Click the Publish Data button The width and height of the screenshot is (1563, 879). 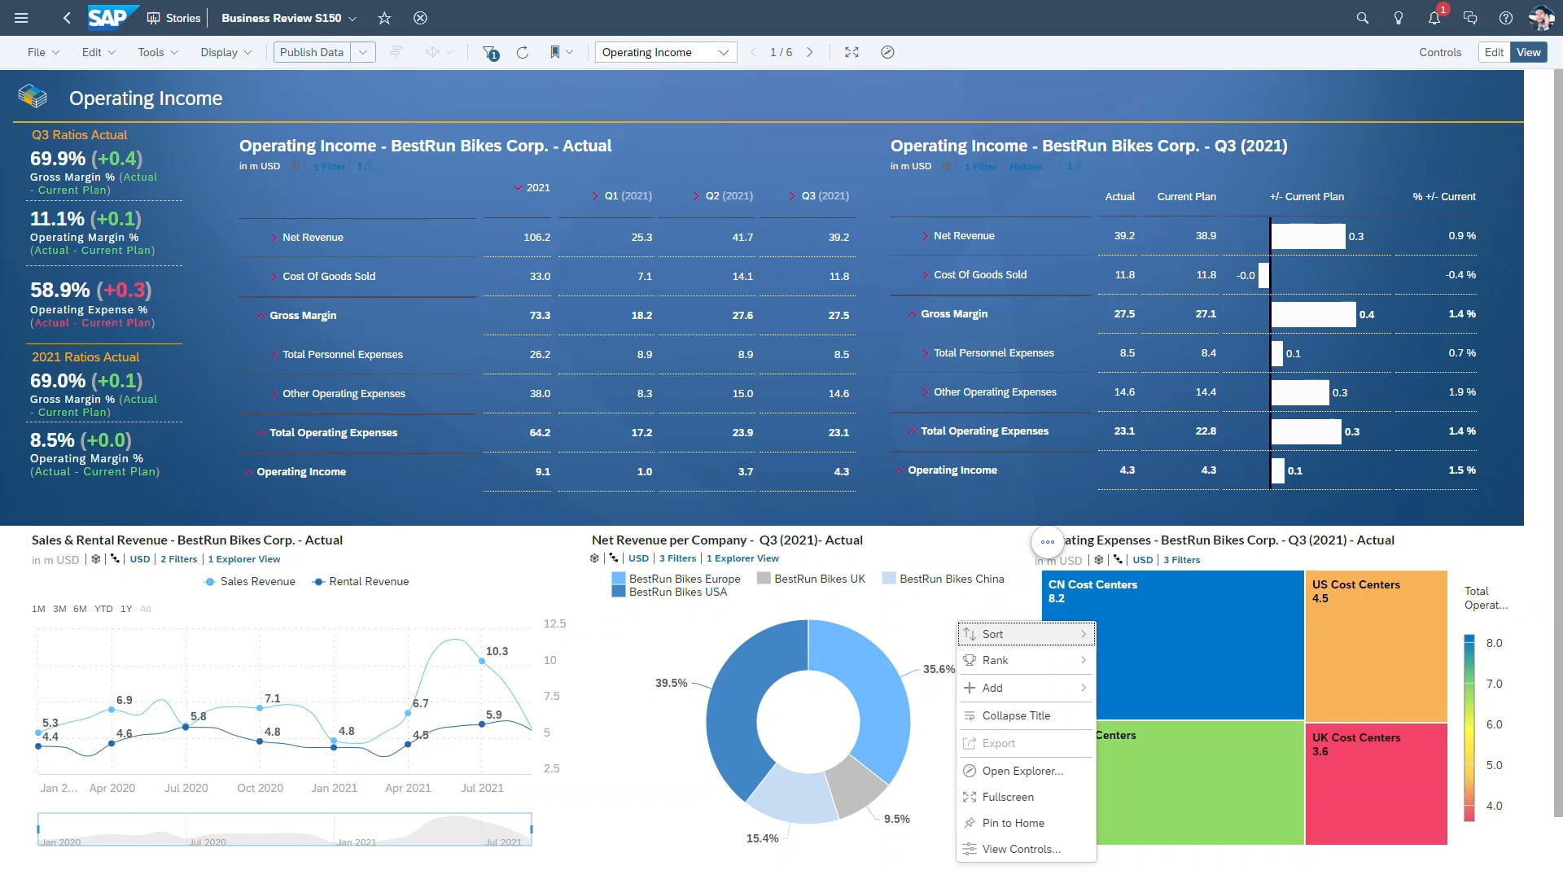[312, 52]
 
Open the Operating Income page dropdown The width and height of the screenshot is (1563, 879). [664, 52]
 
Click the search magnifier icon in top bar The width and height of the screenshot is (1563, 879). [1362, 18]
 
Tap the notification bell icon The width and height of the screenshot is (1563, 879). [1434, 18]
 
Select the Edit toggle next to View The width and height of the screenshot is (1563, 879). [1494, 52]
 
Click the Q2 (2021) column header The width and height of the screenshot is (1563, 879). [729, 196]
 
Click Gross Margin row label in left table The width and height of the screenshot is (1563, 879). [303, 316]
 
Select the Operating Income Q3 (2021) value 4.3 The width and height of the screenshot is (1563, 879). [841, 472]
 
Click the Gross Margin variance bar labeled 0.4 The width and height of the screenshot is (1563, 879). [1313, 315]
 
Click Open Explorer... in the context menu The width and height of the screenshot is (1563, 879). [1022, 771]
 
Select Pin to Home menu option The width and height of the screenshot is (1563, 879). [1013, 823]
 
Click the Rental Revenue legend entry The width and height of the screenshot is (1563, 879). [368, 582]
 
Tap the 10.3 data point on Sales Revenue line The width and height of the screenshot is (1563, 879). [482, 661]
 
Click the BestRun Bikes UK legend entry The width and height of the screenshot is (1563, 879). [819, 579]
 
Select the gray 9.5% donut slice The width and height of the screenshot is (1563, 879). [855, 785]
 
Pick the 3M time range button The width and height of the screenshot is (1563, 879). [59, 609]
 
